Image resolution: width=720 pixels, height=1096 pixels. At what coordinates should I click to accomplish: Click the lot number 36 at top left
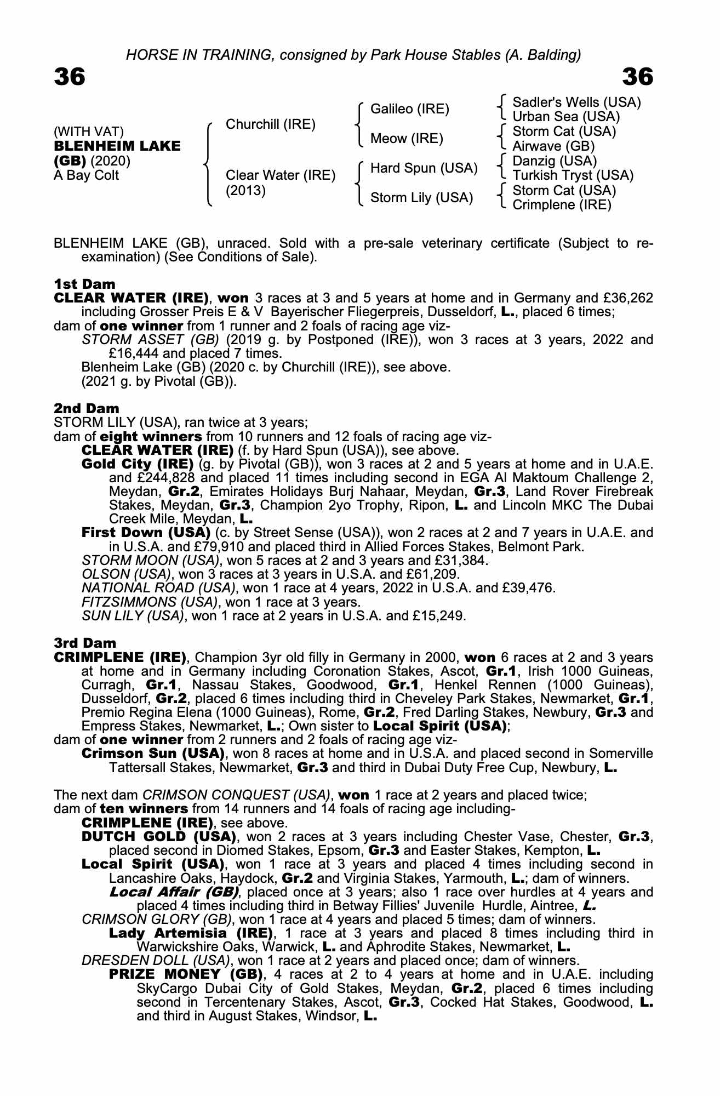[x=70, y=77]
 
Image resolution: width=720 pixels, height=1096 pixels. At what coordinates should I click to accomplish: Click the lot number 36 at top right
[x=638, y=77]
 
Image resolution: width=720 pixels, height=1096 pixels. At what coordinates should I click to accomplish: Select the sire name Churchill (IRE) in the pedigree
[x=271, y=124]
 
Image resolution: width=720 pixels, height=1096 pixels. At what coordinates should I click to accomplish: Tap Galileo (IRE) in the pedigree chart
[x=410, y=109]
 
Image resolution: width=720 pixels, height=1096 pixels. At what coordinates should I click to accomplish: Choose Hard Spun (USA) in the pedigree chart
[x=424, y=168]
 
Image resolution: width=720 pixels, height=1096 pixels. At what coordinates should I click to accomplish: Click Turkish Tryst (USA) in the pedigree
[x=573, y=175]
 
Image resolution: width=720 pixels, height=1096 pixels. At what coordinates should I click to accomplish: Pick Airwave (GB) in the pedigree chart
[x=553, y=146]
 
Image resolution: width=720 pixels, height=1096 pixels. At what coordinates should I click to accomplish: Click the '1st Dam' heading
[x=85, y=284]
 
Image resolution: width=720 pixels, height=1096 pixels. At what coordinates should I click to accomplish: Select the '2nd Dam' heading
[x=87, y=408]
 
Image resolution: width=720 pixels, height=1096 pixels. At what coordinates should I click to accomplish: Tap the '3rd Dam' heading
[x=85, y=642]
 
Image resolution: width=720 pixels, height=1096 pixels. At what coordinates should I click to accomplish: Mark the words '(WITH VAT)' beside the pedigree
[x=89, y=132]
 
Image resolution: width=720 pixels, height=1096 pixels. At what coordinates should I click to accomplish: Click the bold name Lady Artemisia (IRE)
[x=191, y=933]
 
